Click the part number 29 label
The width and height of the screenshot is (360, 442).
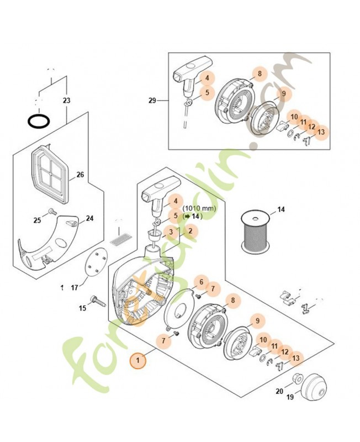click(x=152, y=101)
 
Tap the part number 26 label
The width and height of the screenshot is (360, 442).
click(x=80, y=175)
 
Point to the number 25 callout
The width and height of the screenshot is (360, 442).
click(x=37, y=220)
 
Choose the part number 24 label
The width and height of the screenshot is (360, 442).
click(x=89, y=218)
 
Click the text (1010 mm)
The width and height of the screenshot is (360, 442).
click(x=199, y=208)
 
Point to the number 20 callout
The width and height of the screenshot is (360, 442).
click(x=279, y=391)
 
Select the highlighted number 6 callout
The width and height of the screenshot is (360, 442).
click(x=202, y=282)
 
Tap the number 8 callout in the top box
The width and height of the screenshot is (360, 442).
click(x=258, y=74)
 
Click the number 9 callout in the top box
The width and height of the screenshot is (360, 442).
click(x=283, y=94)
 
